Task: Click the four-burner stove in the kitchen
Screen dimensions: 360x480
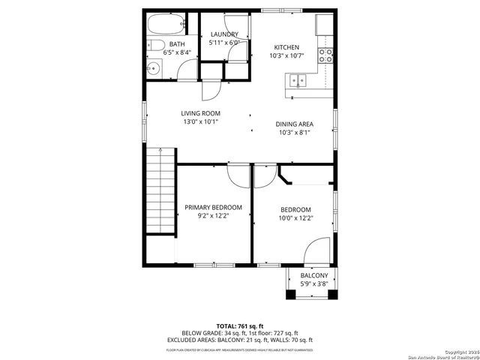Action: (x=326, y=55)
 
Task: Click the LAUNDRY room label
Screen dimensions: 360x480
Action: (x=224, y=34)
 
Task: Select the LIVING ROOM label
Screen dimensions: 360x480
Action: (x=199, y=113)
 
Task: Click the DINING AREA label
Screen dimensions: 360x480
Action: (x=295, y=124)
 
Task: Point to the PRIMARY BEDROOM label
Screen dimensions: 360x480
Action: (x=214, y=207)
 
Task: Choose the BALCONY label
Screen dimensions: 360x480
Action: (x=314, y=276)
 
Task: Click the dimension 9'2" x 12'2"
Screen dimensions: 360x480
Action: (x=214, y=216)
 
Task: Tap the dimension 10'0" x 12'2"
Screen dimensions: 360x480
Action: (x=295, y=218)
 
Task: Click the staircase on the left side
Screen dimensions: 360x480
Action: (x=160, y=190)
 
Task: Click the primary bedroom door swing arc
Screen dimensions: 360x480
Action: (x=238, y=177)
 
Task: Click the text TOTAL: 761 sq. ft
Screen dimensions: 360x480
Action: (x=239, y=325)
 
